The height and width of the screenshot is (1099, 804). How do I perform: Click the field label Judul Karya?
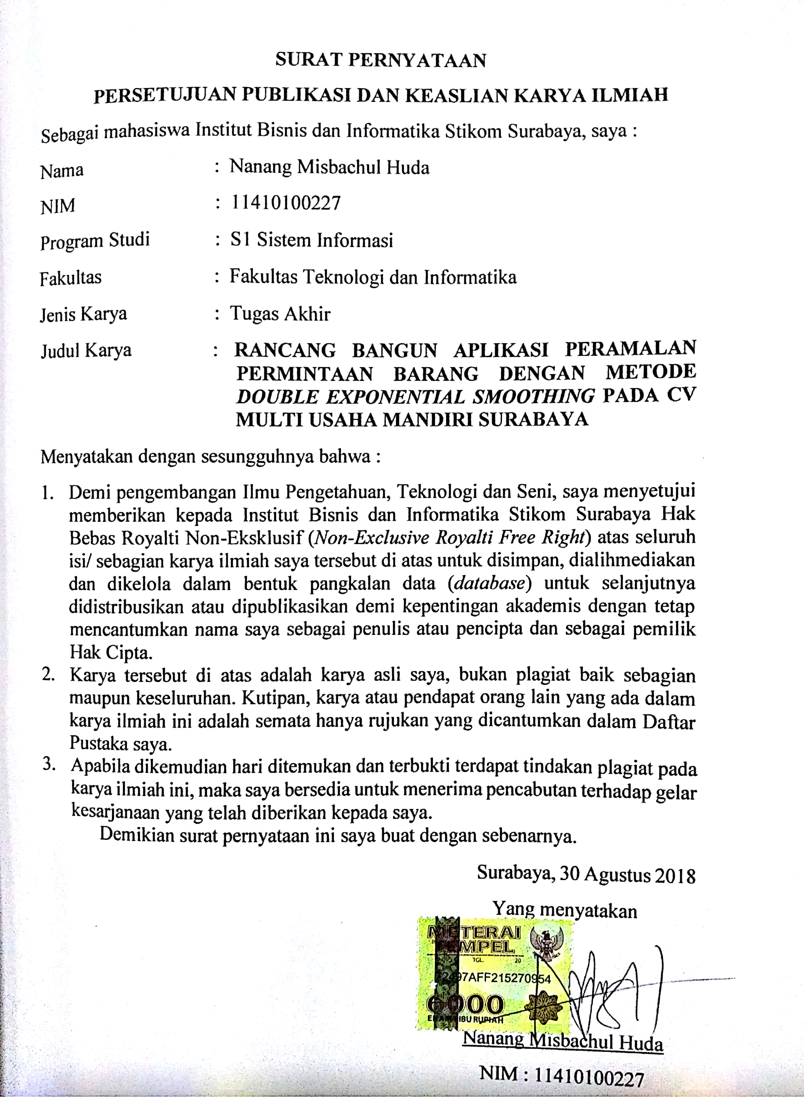pyautogui.click(x=86, y=351)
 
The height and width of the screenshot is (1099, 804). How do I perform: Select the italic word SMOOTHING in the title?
pyautogui.click(x=534, y=397)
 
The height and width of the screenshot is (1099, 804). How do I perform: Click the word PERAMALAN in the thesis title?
pyautogui.click(x=630, y=349)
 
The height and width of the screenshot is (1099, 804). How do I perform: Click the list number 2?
pyautogui.click(x=48, y=675)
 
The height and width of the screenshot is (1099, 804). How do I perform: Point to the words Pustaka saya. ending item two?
pyautogui.click(x=120, y=743)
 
